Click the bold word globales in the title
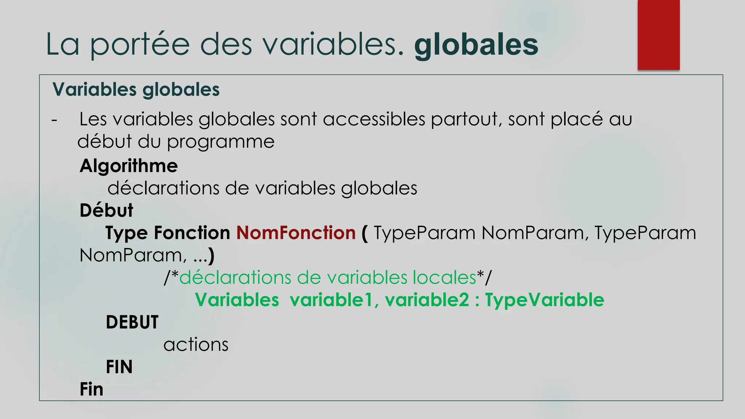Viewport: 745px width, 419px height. pyautogui.click(x=476, y=45)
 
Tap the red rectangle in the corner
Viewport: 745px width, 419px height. pyautogui.click(x=658, y=35)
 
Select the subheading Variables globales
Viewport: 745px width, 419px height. pyautogui.click(x=136, y=89)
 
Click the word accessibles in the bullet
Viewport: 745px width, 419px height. pyautogui.click(x=374, y=119)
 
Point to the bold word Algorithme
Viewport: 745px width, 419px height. pyautogui.click(x=129, y=166)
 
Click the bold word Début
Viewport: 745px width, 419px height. pyautogui.click(x=106, y=211)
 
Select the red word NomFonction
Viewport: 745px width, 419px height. pyautogui.click(x=296, y=233)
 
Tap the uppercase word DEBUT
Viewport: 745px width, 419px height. pyautogui.click(x=132, y=322)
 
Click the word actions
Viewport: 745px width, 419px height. pyautogui.click(x=196, y=344)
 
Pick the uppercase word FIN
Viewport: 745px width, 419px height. pyautogui.click(x=119, y=367)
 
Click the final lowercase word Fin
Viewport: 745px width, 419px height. pyautogui.click(x=91, y=389)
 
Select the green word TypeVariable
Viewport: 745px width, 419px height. pyautogui.click(x=544, y=300)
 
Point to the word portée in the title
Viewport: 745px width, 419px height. pyautogui.click(x=140, y=45)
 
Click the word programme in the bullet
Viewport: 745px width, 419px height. pyautogui.click(x=220, y=141)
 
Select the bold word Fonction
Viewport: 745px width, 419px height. pyautogui.click(x=192, y=233)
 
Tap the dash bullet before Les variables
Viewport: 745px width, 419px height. pyautogui.click(x=54, y=120)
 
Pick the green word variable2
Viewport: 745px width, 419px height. pyautogui.click(x=427, y=300)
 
